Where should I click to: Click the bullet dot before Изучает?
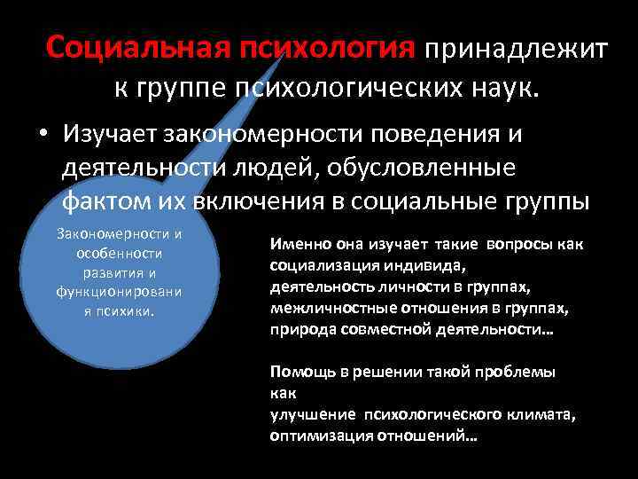tap(42, 136)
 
